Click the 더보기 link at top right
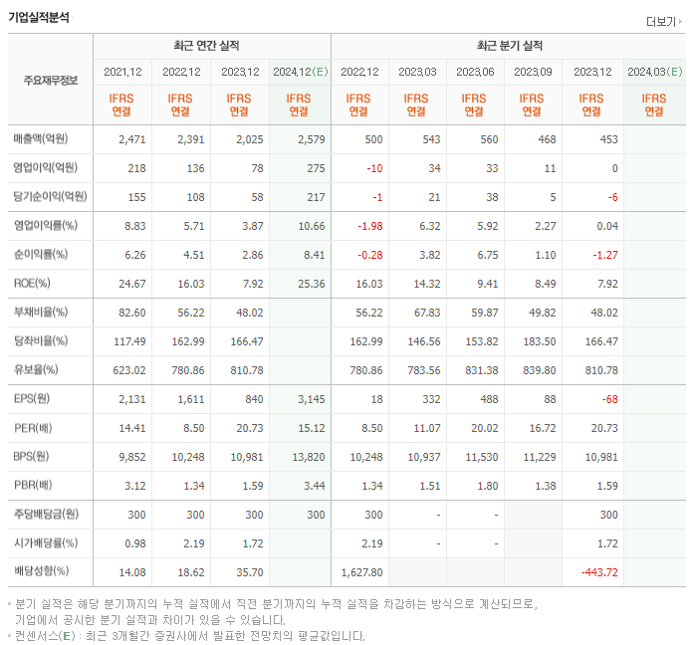click(x=663, y=21)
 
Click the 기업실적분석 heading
click(x=39, y=17)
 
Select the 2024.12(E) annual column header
click(x=299, y=72)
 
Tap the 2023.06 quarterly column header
click(x=475, y=72)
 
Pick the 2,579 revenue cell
click(x=311, y=138)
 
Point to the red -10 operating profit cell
click(x=373, y=168)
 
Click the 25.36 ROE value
click(x=311, y=284)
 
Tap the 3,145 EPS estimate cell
click(x=311, y=399)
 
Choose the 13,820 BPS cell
click(x=308, y=457)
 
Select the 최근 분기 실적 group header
click(x=509, y=46)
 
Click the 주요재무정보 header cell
click(x=50, y=81)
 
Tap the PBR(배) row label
click(x=33, y=486)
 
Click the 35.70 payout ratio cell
click(x=246, y=572)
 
